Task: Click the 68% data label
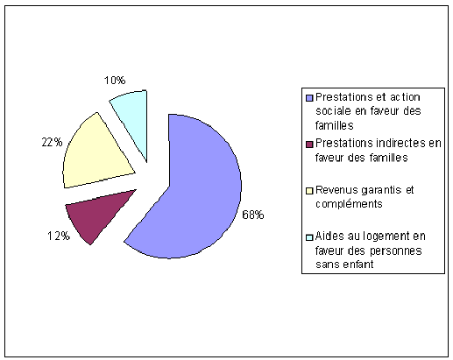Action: pyautogui.click(x=253, y=215)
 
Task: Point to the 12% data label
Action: pyautogui.click(x=59, y=236)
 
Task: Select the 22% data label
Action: pyautogui.click(x=52, y=142)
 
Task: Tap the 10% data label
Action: pyautogui.click(x=115, y=80)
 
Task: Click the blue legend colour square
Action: pyautogui.click(x=309, y=98)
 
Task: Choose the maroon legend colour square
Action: pyautogui.click(x=309, y=145)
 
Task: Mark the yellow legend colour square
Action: pyautogui.click(x=309, y=191)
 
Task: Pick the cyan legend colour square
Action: pyautogui.click(x=309, y=237)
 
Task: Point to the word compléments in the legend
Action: pyautogui.click(x=349, y=204)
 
